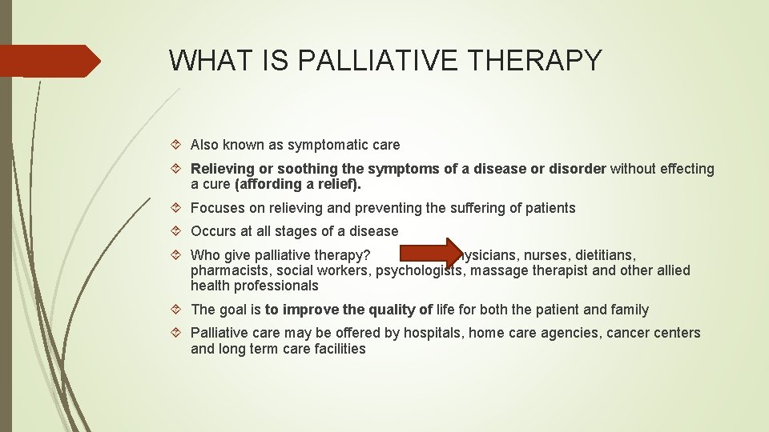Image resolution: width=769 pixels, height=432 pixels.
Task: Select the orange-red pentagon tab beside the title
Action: (50, 61)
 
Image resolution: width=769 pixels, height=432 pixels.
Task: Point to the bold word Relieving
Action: (222, 169)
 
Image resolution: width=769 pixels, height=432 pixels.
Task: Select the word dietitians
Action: (602, 255)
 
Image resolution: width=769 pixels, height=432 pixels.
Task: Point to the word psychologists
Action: (421, 270)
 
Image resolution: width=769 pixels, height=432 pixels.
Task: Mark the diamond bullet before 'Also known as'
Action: (179, 146)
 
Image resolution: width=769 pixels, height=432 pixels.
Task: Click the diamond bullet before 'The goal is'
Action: (179, 310)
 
